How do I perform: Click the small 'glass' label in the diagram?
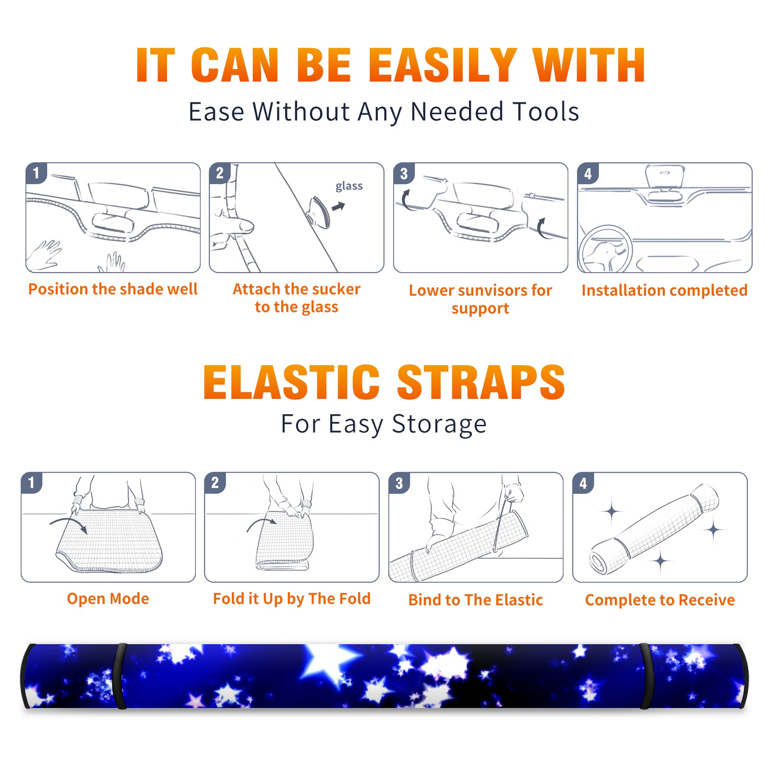(349, 186)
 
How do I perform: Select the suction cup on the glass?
(320, 212)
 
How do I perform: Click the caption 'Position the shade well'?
(113, 289)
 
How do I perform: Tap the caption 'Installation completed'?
(664, 290)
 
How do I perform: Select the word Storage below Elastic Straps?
(439, 425)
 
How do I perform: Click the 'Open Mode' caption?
(108, 599)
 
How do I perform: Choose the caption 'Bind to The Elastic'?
(476, 600)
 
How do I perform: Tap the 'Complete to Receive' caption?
(660, 600)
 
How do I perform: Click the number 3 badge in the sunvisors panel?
(404, 173)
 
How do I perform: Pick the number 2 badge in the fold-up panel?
(215, 482)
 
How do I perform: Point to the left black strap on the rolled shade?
(120, 676)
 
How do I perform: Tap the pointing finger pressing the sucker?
(235, 226)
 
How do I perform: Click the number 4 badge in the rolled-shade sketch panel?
(583, 482)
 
